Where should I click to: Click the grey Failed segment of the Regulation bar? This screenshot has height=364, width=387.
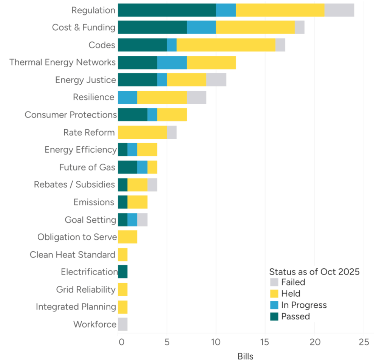[x=339, y=10]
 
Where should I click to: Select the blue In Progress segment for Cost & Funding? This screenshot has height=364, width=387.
[x=201, y=28]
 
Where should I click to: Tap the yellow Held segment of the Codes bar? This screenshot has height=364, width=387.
[x=226, y=45]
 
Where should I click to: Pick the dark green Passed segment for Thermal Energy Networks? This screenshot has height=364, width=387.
[x=137, y=62]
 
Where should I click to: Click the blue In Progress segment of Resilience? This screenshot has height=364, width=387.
[x=127, y=98]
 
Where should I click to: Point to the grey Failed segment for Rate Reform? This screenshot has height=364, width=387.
[x=172, y=133]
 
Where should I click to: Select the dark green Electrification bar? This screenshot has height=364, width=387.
[x=123, y=272]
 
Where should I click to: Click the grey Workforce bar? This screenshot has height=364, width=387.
[x=123, y=324]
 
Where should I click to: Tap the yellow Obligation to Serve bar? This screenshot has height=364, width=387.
[x=127, y=237]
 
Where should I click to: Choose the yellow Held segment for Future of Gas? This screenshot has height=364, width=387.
[x=152, y=167]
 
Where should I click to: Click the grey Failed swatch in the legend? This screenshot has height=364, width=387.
[x=274, y=282]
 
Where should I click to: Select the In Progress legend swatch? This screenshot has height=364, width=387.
[x=274, y=305]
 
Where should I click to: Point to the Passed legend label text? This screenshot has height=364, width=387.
[x=295, y=316]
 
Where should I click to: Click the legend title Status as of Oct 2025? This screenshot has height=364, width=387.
[x=314, y=272]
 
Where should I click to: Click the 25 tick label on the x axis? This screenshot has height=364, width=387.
[x=364, y=343]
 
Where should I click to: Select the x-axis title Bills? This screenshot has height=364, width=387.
[x=245, y=356]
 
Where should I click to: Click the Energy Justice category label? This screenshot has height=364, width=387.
[x=85, y=80]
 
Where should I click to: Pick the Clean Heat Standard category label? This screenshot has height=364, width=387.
[x=73, y=255]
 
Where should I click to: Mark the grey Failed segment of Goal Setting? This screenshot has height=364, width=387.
[x=142, y=220]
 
